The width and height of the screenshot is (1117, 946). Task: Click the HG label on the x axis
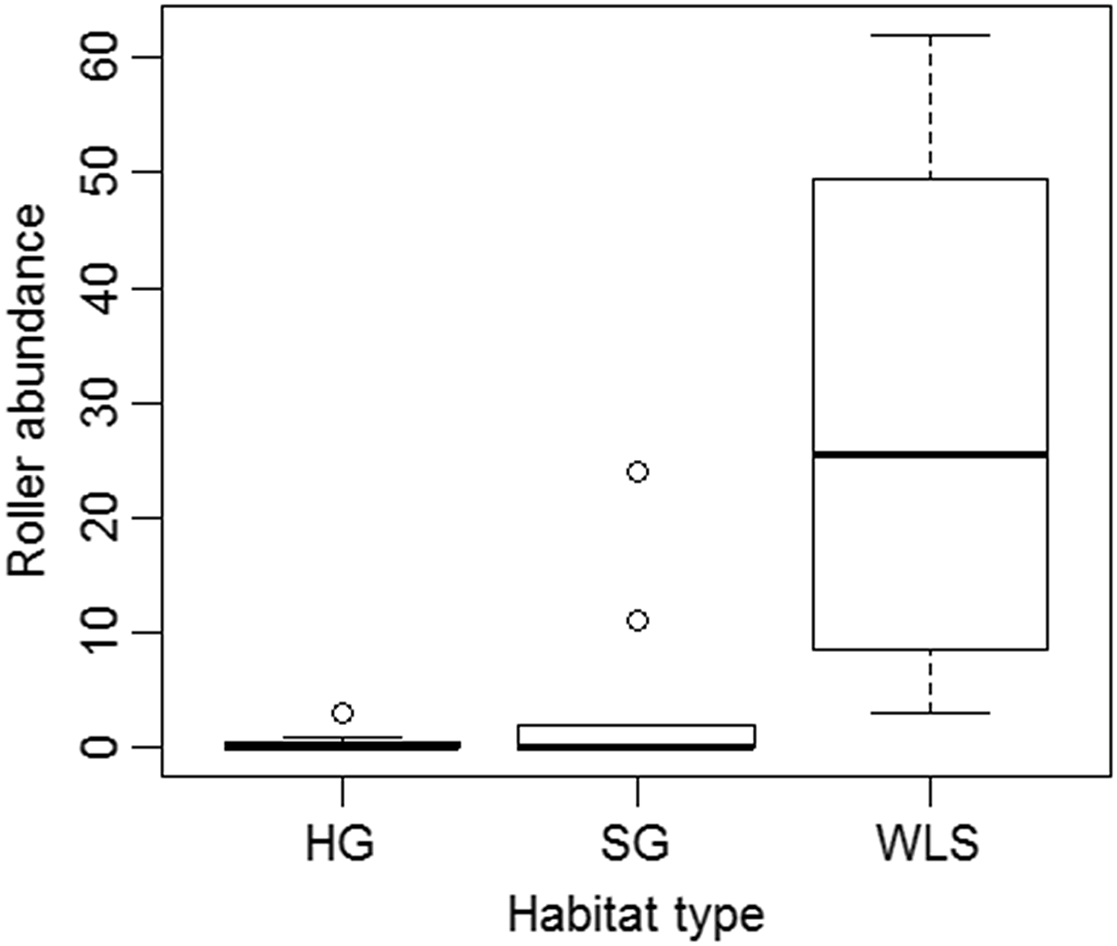[340, 843]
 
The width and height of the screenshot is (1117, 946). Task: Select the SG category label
[635, 843]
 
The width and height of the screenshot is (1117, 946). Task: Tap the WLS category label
[928, 843]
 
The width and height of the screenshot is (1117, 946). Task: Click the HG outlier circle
[342, 713]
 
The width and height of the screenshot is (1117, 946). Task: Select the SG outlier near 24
[637, 472]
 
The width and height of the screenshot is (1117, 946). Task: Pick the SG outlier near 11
[637, 621]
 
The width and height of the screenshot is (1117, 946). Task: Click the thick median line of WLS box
[930, 454]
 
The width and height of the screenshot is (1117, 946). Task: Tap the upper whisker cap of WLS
[930, 35]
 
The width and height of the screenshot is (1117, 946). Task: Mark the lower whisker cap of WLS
[930, 713]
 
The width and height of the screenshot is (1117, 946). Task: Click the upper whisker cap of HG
[342, 738]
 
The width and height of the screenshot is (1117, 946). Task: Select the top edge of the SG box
[637, 725]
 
